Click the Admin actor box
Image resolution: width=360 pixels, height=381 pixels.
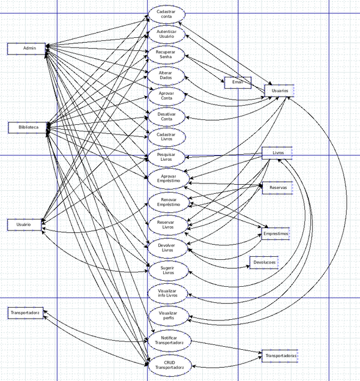pyautogui.click(x=26, y=49)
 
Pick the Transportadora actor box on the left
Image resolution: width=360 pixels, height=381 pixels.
pyautogui.click(x=25, y=313)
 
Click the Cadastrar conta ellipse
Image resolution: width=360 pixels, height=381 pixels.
pyautogui.click(x=166, y=13)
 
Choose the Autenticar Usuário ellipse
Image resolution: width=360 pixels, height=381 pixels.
pyautogui.click(x=166, y=34)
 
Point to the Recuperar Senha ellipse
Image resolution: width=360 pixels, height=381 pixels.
pyautogui.click(x=166, y=55)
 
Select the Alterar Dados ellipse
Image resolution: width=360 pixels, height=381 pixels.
pyautogui.click(x=166, y=75)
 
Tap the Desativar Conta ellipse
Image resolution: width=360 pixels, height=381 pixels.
pyautogui.click(x=166, y=116)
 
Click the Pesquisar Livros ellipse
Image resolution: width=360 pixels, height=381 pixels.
pyautogui.click(x=166, y=157)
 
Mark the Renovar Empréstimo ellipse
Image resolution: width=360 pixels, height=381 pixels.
pyautogui.click(x=166, y=202)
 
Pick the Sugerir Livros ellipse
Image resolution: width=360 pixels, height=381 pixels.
pyautogui.click(x=166, y=270)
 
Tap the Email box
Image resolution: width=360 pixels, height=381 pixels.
pyautogui.click(x=238, y=83)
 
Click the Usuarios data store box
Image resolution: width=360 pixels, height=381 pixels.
pyautogui.click(x=279, y=91)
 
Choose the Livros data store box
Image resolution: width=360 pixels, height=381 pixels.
pyautogui.click(x=277, y=153)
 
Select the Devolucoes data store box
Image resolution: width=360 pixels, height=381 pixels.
pyautogui.click(x=265, y=263)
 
